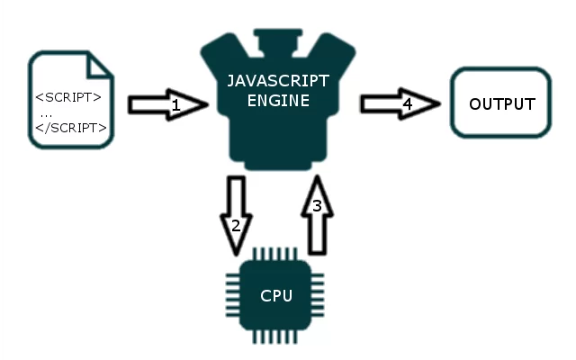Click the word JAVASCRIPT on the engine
coord(278,81)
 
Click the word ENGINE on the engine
coord(278,101)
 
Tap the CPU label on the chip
coord(276,296)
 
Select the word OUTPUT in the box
coord(502,104)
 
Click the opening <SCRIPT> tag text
coord(68,97)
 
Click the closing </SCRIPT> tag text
coord(71,128)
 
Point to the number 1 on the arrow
coord(176,105)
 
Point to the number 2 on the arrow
coord(236,226)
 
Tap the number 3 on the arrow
coord(317,206)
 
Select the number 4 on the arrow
coord(408,104)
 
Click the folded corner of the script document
coord(98,66)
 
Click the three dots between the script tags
coord(46,116)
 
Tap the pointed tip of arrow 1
coord(208,104)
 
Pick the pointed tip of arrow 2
coord(236,255)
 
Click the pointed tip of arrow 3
coord(317,176)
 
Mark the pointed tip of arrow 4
coord(440,104)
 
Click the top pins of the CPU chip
coord(274,254)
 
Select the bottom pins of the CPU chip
coord(274,337)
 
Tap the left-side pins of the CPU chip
coord(233,295)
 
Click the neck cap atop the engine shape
coord(278,41)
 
